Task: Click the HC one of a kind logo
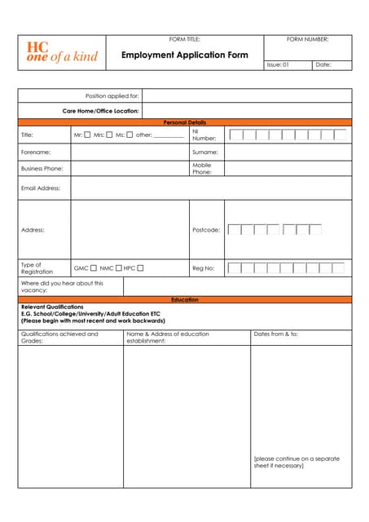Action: click(62, 52)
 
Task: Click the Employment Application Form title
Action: click(185, 55)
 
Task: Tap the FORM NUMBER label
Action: click(308, 39)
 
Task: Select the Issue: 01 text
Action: click(278, 64)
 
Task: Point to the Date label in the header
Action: click(323, 64)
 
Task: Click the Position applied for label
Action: click(112, 95)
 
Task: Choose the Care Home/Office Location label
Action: click(101, 111)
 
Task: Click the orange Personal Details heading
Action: click(185, 122)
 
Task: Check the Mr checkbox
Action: click(88, 135)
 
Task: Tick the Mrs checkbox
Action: click(109, 135)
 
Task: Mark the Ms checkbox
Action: click(130, 135)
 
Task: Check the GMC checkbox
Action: click(94, 268)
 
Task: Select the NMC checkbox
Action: click(119, 268)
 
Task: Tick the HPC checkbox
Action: click(141, 268)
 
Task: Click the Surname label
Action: click(204, 152)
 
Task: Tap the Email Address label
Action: click(40, 188)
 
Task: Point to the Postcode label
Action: click(206, 230)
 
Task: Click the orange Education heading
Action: click(185, 299)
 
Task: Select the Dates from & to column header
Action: click(276, 334)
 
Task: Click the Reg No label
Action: click(203, 268)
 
